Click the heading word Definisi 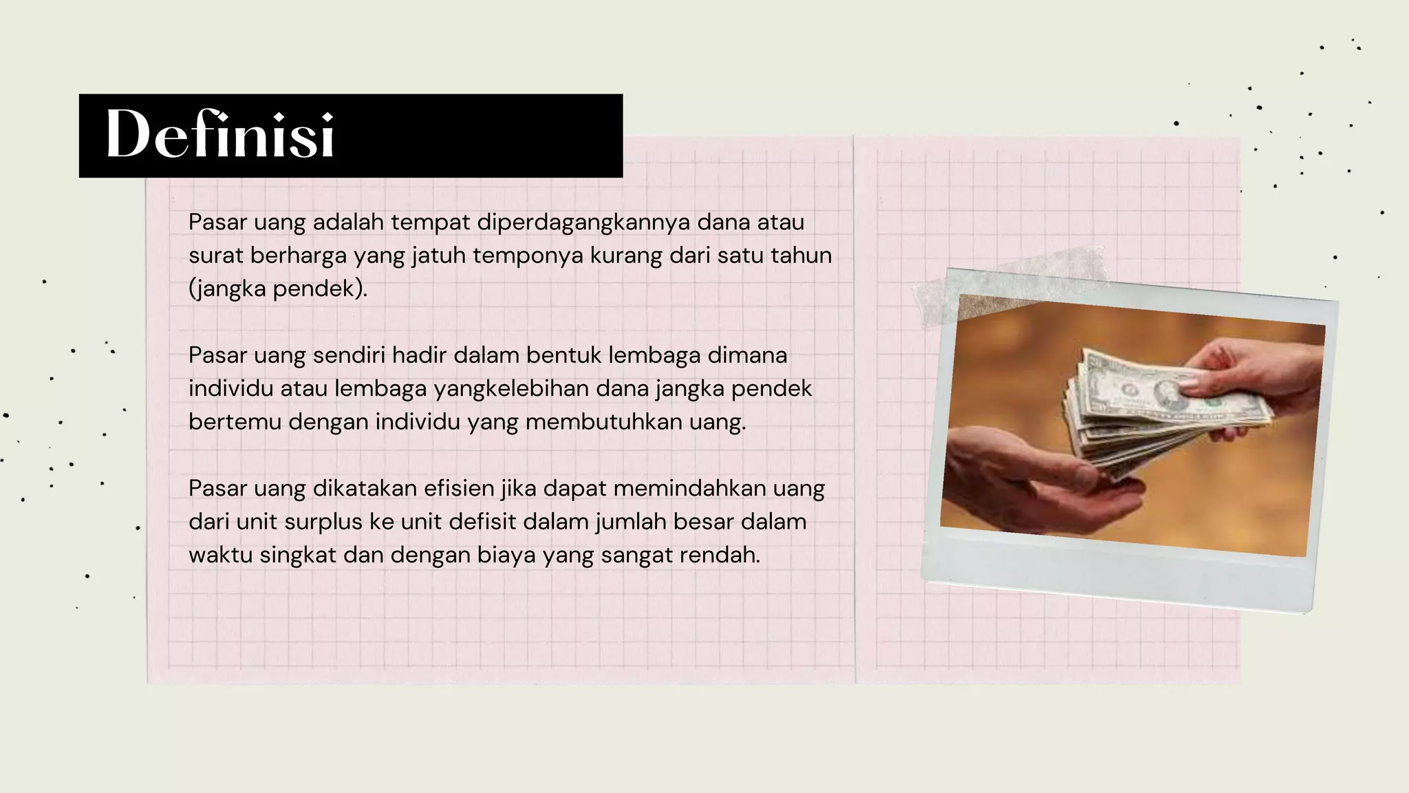220,135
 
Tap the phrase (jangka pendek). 278,289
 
